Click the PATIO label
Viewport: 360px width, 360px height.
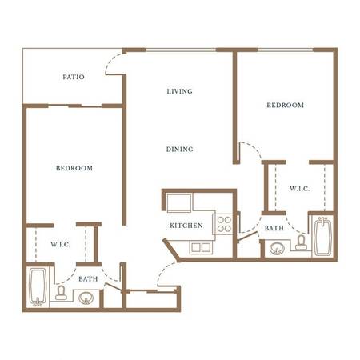point(74,77)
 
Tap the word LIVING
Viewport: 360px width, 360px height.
point(179,91)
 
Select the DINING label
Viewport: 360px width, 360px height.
point(180,150)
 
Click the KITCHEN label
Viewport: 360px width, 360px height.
point(186,226)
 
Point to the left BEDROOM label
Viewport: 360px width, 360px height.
point(74,168)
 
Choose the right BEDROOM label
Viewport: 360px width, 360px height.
point(286,105)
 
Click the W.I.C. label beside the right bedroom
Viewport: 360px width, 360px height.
point(300,189)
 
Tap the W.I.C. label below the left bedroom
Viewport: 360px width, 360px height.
point(61,244)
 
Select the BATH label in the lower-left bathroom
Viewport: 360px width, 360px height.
point(88,279)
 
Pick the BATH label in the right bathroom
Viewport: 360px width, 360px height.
point(274,229)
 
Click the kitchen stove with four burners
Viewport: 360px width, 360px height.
point(223,224)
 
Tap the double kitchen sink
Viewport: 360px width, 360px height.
point(201,247)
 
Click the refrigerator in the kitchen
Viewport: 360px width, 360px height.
point(179,203)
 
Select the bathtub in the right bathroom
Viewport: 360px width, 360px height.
point(322,237)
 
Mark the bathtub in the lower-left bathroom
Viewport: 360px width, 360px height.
point(38,287)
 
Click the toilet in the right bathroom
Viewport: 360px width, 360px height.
point(301,242)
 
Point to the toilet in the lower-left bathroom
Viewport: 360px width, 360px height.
point(61,293)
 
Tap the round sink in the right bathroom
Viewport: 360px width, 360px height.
point(277,249)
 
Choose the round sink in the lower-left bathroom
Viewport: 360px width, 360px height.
point(86,298)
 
